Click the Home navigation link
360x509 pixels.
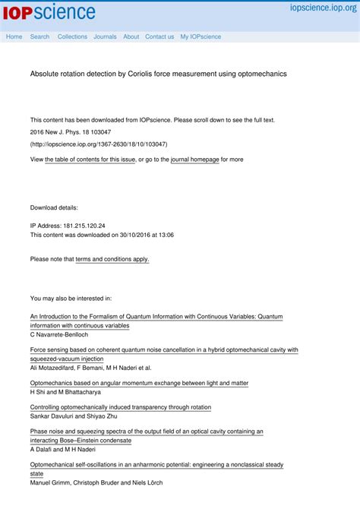pos(14,36)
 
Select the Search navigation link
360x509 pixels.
pos(39,36)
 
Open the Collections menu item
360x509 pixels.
pos(72,36)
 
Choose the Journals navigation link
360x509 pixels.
pos(105,36)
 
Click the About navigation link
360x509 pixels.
pos(131,36)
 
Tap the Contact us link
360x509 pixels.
pos(159,36)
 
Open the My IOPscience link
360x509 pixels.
pos(201,36)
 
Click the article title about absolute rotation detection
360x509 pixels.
pos(158,74)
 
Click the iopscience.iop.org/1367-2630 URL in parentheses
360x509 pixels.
pos(99,144)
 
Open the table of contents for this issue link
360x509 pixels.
pos(90,160)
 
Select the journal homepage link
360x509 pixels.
pos(194,160)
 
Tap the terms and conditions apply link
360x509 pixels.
pos(112,259)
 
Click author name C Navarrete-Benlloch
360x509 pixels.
pos(59,334)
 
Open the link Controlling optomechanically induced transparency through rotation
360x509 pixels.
pos(120,407)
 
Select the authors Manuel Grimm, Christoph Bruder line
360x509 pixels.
pos(96,482)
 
